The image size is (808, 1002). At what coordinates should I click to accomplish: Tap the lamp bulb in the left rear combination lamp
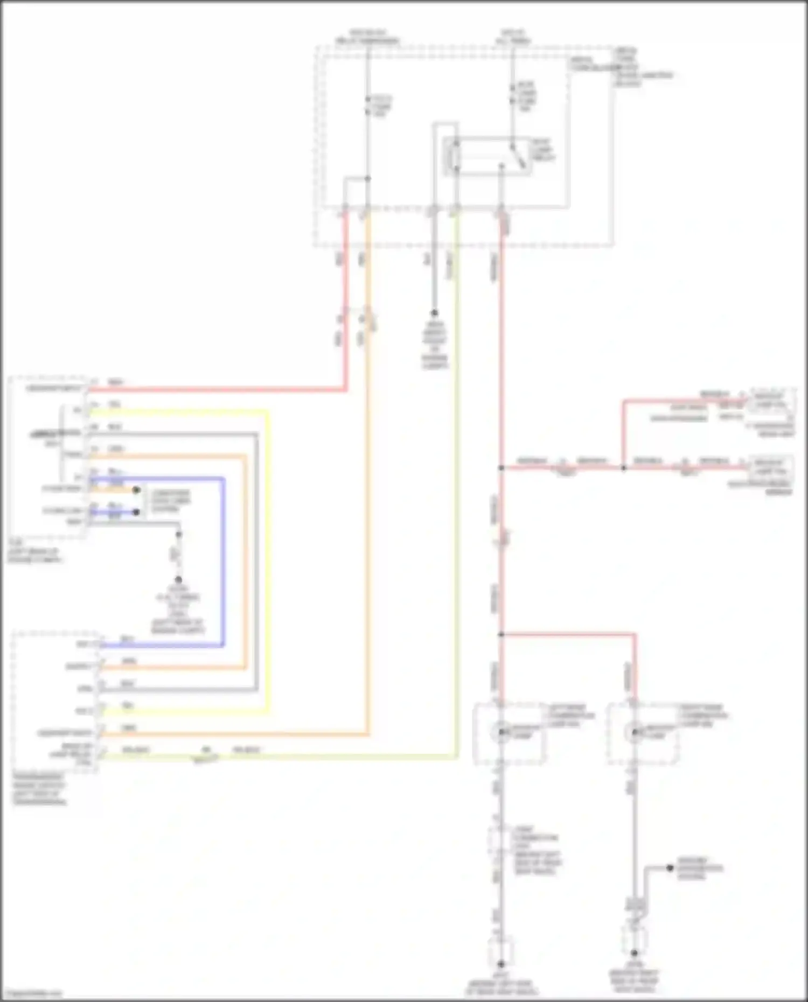pos(501,732)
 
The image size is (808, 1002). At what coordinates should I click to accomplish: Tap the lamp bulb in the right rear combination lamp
pos(634,732)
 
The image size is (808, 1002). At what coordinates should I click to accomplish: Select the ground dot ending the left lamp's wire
pos(501,963)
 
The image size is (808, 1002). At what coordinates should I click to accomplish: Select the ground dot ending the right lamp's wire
pos(634,953)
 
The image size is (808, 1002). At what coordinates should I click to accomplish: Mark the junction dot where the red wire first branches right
pos(501,468)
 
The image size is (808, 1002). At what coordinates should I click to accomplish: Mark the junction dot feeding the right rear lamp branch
pos(501,635)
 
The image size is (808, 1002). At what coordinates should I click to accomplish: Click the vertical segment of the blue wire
pos(222,560)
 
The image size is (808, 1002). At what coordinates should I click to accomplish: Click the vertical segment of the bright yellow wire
pos(267,560)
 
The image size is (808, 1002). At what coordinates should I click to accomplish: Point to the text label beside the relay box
pos(542,150)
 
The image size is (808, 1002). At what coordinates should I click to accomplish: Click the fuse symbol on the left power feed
pos(367,106)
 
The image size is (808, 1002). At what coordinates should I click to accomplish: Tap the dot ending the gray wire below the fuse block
pos(434,313)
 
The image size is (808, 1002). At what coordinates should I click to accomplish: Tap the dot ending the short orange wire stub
pos(136,490)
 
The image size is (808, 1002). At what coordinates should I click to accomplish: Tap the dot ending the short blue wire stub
pos(136,512)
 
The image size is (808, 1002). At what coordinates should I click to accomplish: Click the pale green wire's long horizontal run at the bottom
pos(323,756)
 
